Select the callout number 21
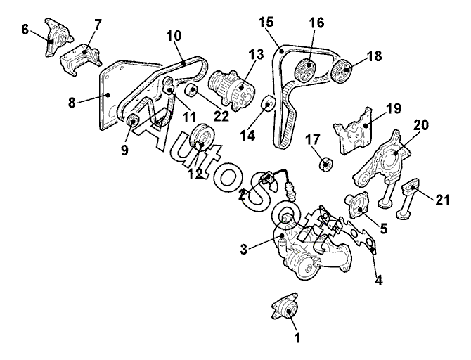(x=441, y=200)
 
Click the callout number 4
(x=379, y=279)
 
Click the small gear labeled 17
(x=325, y=165)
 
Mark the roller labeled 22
(x=190, y=91)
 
